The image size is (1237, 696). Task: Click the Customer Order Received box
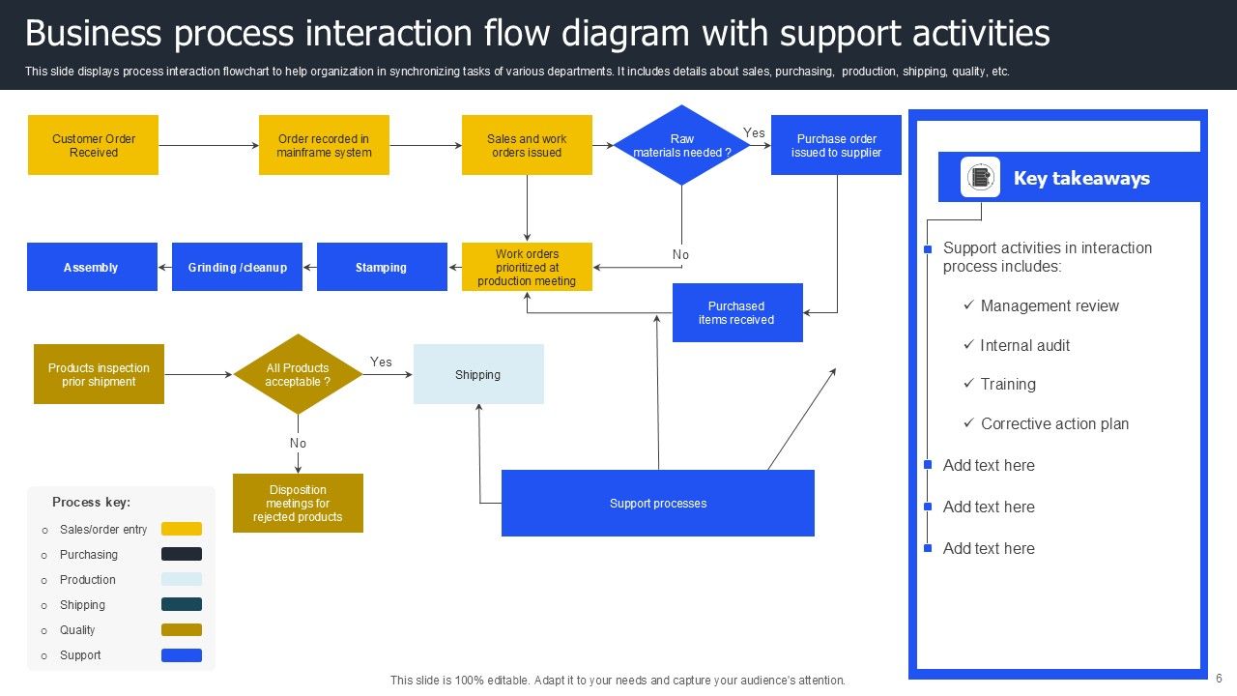coord(93,145)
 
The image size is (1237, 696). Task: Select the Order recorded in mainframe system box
coord(324,145)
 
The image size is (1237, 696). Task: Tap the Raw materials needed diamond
coord(681,145)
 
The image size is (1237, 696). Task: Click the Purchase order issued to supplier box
coord(836,145)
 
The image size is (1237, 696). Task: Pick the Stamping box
coord(382,267)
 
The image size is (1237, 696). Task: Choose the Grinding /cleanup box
coord(237,267)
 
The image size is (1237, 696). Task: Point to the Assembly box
coord(92,267)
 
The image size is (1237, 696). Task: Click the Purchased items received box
coord(737,312)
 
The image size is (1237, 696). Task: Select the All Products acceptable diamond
coord(298,374)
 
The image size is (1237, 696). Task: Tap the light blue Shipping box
coord(478,374)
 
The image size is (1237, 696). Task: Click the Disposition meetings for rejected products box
coord(298,503)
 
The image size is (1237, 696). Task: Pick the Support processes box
coord(657,503)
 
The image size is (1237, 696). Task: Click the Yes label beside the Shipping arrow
coord(381,362)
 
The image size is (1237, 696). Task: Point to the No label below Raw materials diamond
coord(680,254)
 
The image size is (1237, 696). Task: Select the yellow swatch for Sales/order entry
coord(182,529)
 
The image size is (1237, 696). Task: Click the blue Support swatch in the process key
coord(182,655)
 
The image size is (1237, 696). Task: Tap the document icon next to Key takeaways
coord(980,177)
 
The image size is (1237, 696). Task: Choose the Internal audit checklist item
coord(1024,345)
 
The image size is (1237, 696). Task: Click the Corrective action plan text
coord(1054,423)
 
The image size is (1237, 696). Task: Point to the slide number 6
coord(1220,679)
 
